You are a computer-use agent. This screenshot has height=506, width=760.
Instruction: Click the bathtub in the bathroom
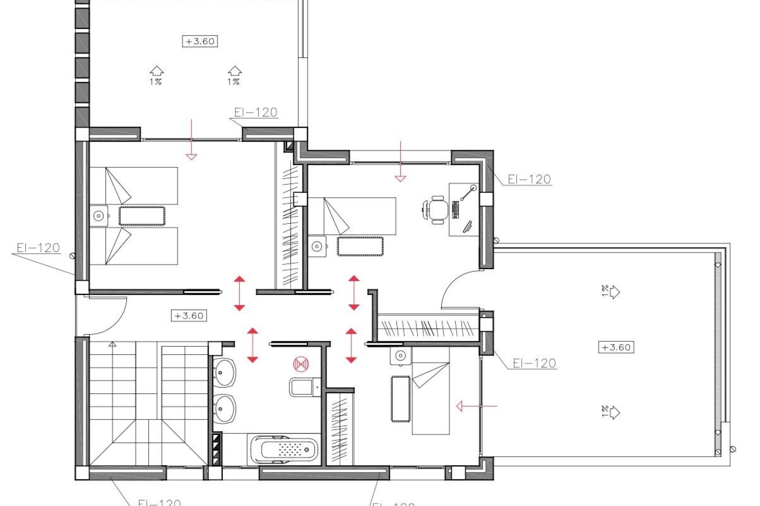[283, 450]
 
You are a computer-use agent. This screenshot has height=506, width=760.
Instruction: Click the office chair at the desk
[437, 210]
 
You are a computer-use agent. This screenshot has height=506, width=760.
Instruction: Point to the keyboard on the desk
[455, 210]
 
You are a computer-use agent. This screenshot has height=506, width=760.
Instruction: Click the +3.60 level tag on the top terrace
[200, 41]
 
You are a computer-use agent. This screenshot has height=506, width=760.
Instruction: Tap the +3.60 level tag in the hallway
[189, 316]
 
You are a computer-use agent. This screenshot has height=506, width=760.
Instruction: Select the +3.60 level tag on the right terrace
[616, 347]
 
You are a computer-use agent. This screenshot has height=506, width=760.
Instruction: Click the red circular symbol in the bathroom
[301, 364]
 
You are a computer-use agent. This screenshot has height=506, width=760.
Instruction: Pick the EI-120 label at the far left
[38, 248]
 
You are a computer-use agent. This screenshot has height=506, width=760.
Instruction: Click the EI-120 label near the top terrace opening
[255, 112]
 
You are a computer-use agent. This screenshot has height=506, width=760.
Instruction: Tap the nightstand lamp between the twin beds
[98, 216]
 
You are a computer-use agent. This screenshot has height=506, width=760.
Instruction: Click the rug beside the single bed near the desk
[360, 246]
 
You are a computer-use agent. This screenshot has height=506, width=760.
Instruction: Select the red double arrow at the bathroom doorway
[253, 345]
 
